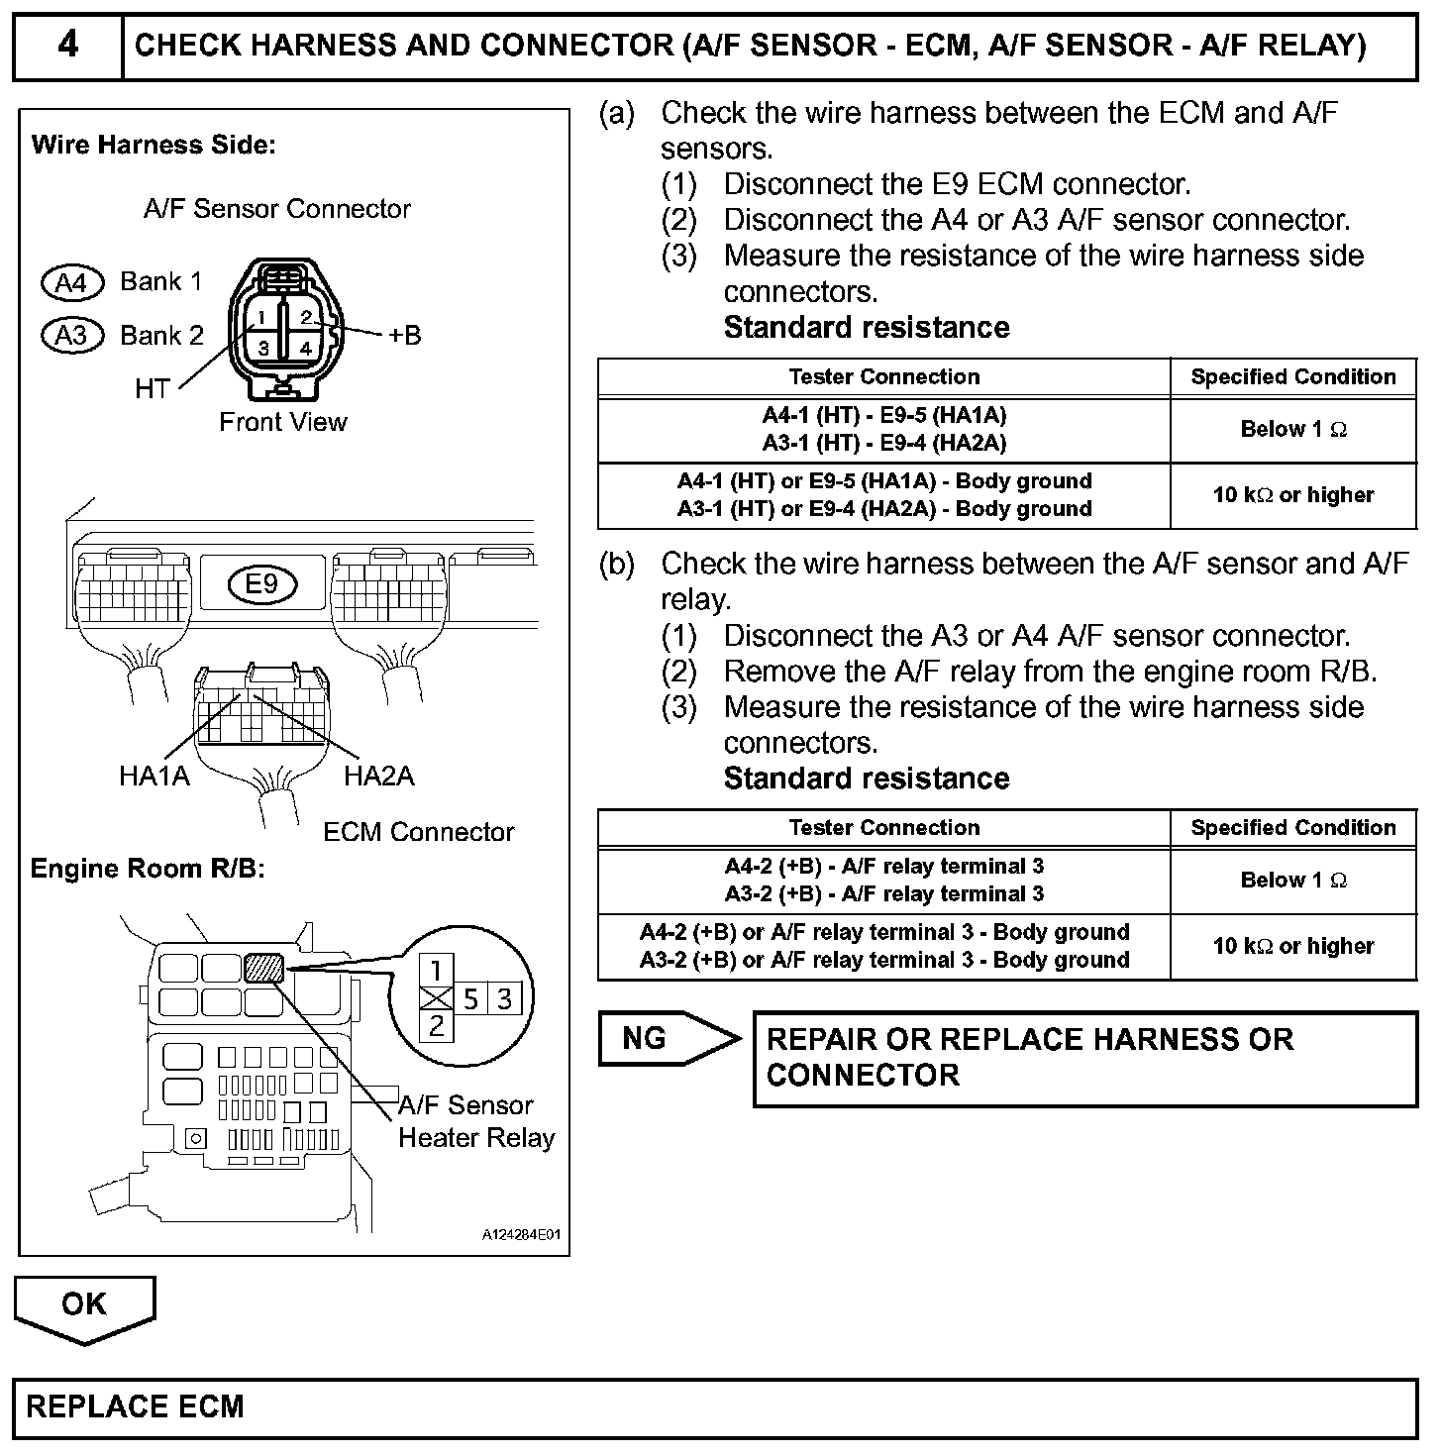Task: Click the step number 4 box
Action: (67, 46)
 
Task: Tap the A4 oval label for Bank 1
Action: (71, 283)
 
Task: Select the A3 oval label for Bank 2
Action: (71, 336)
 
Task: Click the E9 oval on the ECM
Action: (261, 584)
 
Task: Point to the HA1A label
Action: (154, 776)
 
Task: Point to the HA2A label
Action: (378, 776)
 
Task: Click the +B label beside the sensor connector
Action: (404, 336)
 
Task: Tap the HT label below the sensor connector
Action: (153, 389)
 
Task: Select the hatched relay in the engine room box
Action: (264, 967)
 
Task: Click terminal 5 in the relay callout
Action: (470, 998)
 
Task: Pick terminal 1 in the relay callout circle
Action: (437, 970)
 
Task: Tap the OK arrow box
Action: (84, 1304)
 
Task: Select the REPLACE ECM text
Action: (135, 1407)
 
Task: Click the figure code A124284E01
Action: (521, 1235)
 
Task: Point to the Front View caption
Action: (283, 422)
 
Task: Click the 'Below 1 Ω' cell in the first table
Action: (1292, 430)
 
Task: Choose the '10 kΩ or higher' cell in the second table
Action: (1292, 946)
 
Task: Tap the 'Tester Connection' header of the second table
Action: (883, 827)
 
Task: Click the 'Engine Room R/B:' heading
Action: (147, 869)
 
